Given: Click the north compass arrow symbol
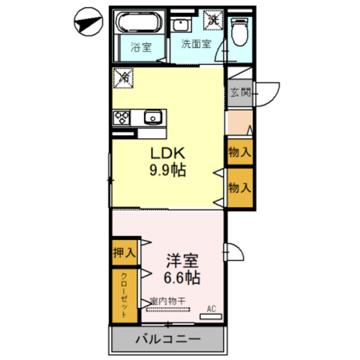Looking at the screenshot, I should pyautogui.click(x=88, y=22).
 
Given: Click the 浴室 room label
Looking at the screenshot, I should pyautogui.click(x=141, y=47).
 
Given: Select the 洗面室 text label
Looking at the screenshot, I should pyautogui.click(x=196, y=44).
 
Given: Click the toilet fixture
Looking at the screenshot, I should pyautogui.click(x=240, y=31).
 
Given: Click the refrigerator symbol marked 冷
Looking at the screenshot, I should pyautogui.click(x=123, y=78).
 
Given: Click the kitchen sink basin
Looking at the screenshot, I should pyautogui.click(x=153, y=118).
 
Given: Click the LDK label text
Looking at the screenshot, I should pyautogui.click(x=167, y=153).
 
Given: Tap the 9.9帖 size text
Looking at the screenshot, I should pyautogui.click(x=168, y=170).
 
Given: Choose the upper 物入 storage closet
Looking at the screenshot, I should pyautogui.click(x=239, y=152).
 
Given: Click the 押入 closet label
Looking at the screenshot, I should pyautogui.click(x=124, y=253).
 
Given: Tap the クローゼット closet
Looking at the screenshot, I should pyautogui.click(x=124, y=296).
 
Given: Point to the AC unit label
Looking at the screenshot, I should pyautogui.click(x=211, y=309).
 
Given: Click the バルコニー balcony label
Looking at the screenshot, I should pyautogui.click(x=168, y=340).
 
